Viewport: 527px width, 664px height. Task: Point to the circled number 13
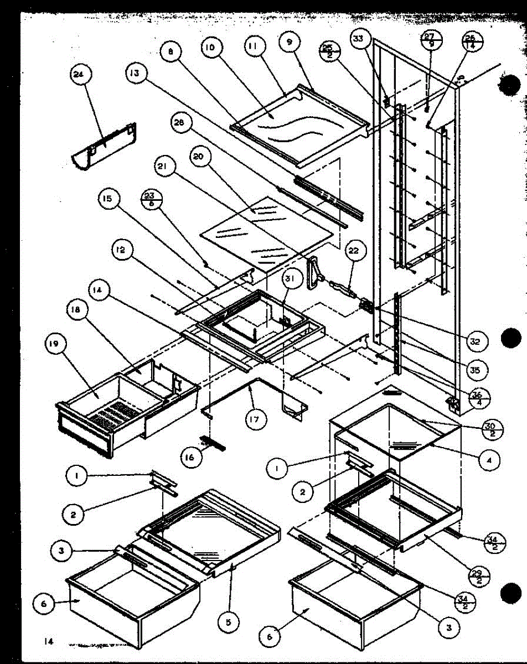click(136, 73)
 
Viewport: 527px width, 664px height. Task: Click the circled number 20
click(198, 157)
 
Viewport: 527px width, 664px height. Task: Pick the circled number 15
click(110, 199)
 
